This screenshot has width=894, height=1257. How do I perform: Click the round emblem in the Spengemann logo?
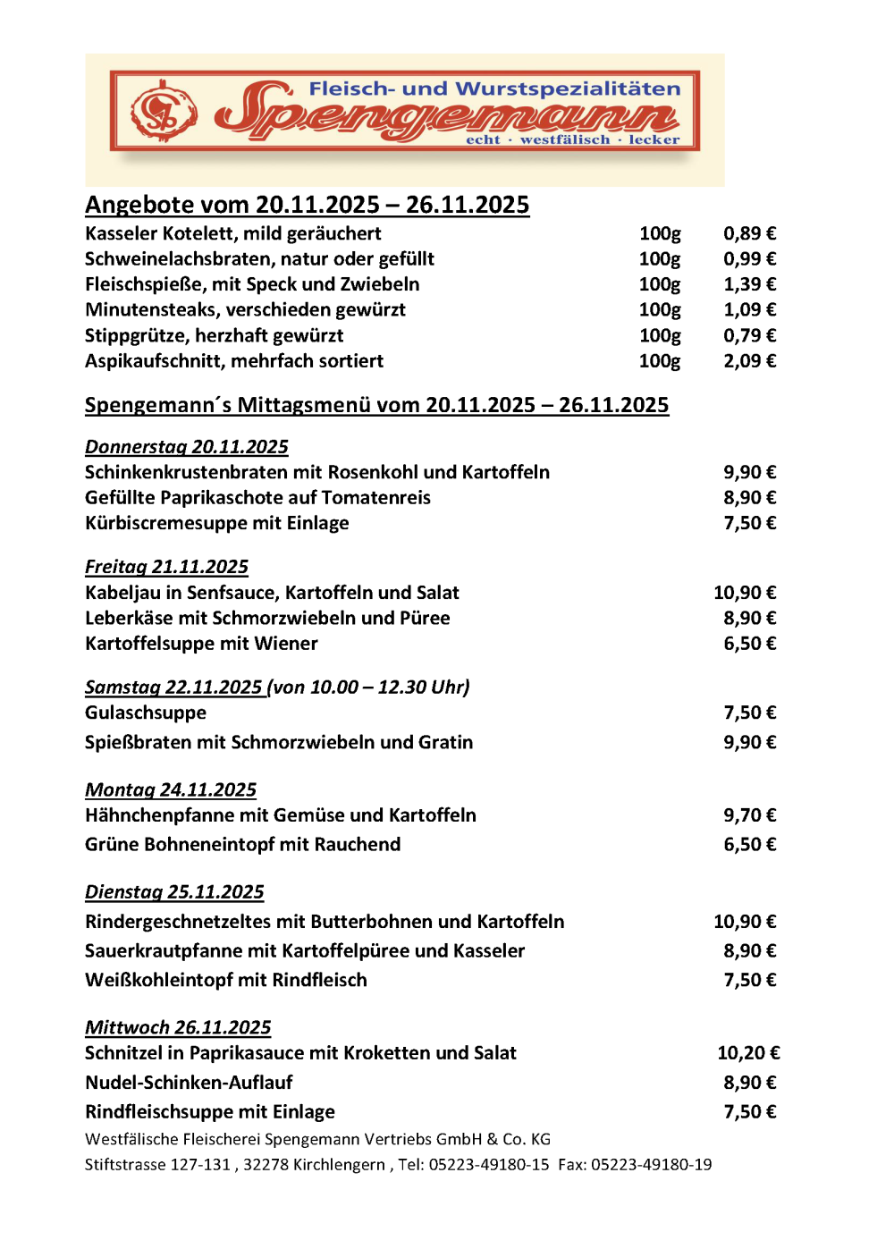coord(164,112)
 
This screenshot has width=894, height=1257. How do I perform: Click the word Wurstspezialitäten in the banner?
coord(569,89)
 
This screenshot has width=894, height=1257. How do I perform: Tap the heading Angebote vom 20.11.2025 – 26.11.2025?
coord(307,205)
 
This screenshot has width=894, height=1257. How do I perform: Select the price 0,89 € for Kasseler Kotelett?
coord(749,233)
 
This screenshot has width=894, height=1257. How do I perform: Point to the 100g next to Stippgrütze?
coord(660,335)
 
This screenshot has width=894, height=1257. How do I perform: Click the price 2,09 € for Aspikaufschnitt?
coord(749,361)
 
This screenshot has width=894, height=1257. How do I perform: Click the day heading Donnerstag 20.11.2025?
coord(186,447)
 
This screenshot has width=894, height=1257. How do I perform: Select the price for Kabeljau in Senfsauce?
coord(745,593)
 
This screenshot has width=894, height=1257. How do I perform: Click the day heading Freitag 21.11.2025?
coord(166,567)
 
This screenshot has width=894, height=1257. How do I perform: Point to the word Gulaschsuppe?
coord(146,713)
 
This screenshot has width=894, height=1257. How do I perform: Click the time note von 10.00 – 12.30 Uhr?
coord(370,687)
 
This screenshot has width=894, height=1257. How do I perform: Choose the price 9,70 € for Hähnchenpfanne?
coord(749,815)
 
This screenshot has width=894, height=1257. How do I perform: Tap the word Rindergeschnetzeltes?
coord(177,922)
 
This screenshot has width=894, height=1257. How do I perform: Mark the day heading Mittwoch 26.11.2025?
coord(178,1027)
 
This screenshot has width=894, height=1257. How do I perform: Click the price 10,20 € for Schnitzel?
coord(748,1053)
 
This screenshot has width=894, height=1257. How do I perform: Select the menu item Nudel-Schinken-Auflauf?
coord(189,1083)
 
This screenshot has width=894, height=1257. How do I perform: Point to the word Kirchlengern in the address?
coord(341,1164)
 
